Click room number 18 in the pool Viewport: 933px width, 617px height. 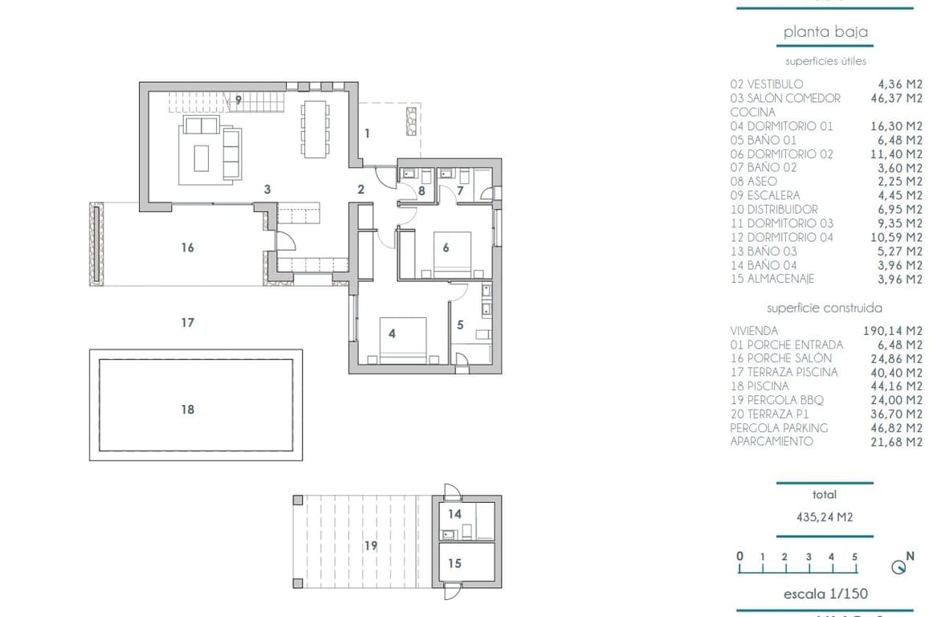tap(187, 410)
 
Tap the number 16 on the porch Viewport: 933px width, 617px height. tap(187, 248)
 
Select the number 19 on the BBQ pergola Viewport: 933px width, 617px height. tap(370, 545)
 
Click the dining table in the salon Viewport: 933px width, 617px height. tap(315, 128)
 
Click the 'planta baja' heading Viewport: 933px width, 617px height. tap(825, 32)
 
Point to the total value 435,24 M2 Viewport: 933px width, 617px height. tap(824, 517)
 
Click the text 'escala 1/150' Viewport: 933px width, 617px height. tap(825, 595)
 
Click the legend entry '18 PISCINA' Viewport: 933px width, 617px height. tap(760, 386)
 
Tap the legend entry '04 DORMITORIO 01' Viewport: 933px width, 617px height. tap(781, 126)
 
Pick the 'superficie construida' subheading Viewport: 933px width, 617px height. tap(824, 308)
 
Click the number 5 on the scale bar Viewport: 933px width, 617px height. tap(855, 557)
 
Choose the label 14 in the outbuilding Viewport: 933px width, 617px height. tap(454, 514)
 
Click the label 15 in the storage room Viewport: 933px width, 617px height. tap(454, 563)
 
